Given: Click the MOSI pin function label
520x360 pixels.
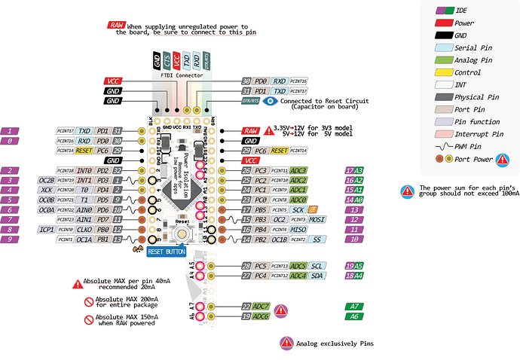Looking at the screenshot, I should pos(319,219).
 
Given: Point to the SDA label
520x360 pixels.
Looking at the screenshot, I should pos(317,276).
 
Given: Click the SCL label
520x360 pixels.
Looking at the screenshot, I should pos(317,266).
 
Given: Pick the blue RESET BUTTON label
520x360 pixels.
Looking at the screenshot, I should pos(166,252).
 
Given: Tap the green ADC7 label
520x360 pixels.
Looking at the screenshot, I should pos(262,307).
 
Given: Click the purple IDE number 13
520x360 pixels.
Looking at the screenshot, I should pos(354,209).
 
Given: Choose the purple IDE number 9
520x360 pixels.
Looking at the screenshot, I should pos(10,239).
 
